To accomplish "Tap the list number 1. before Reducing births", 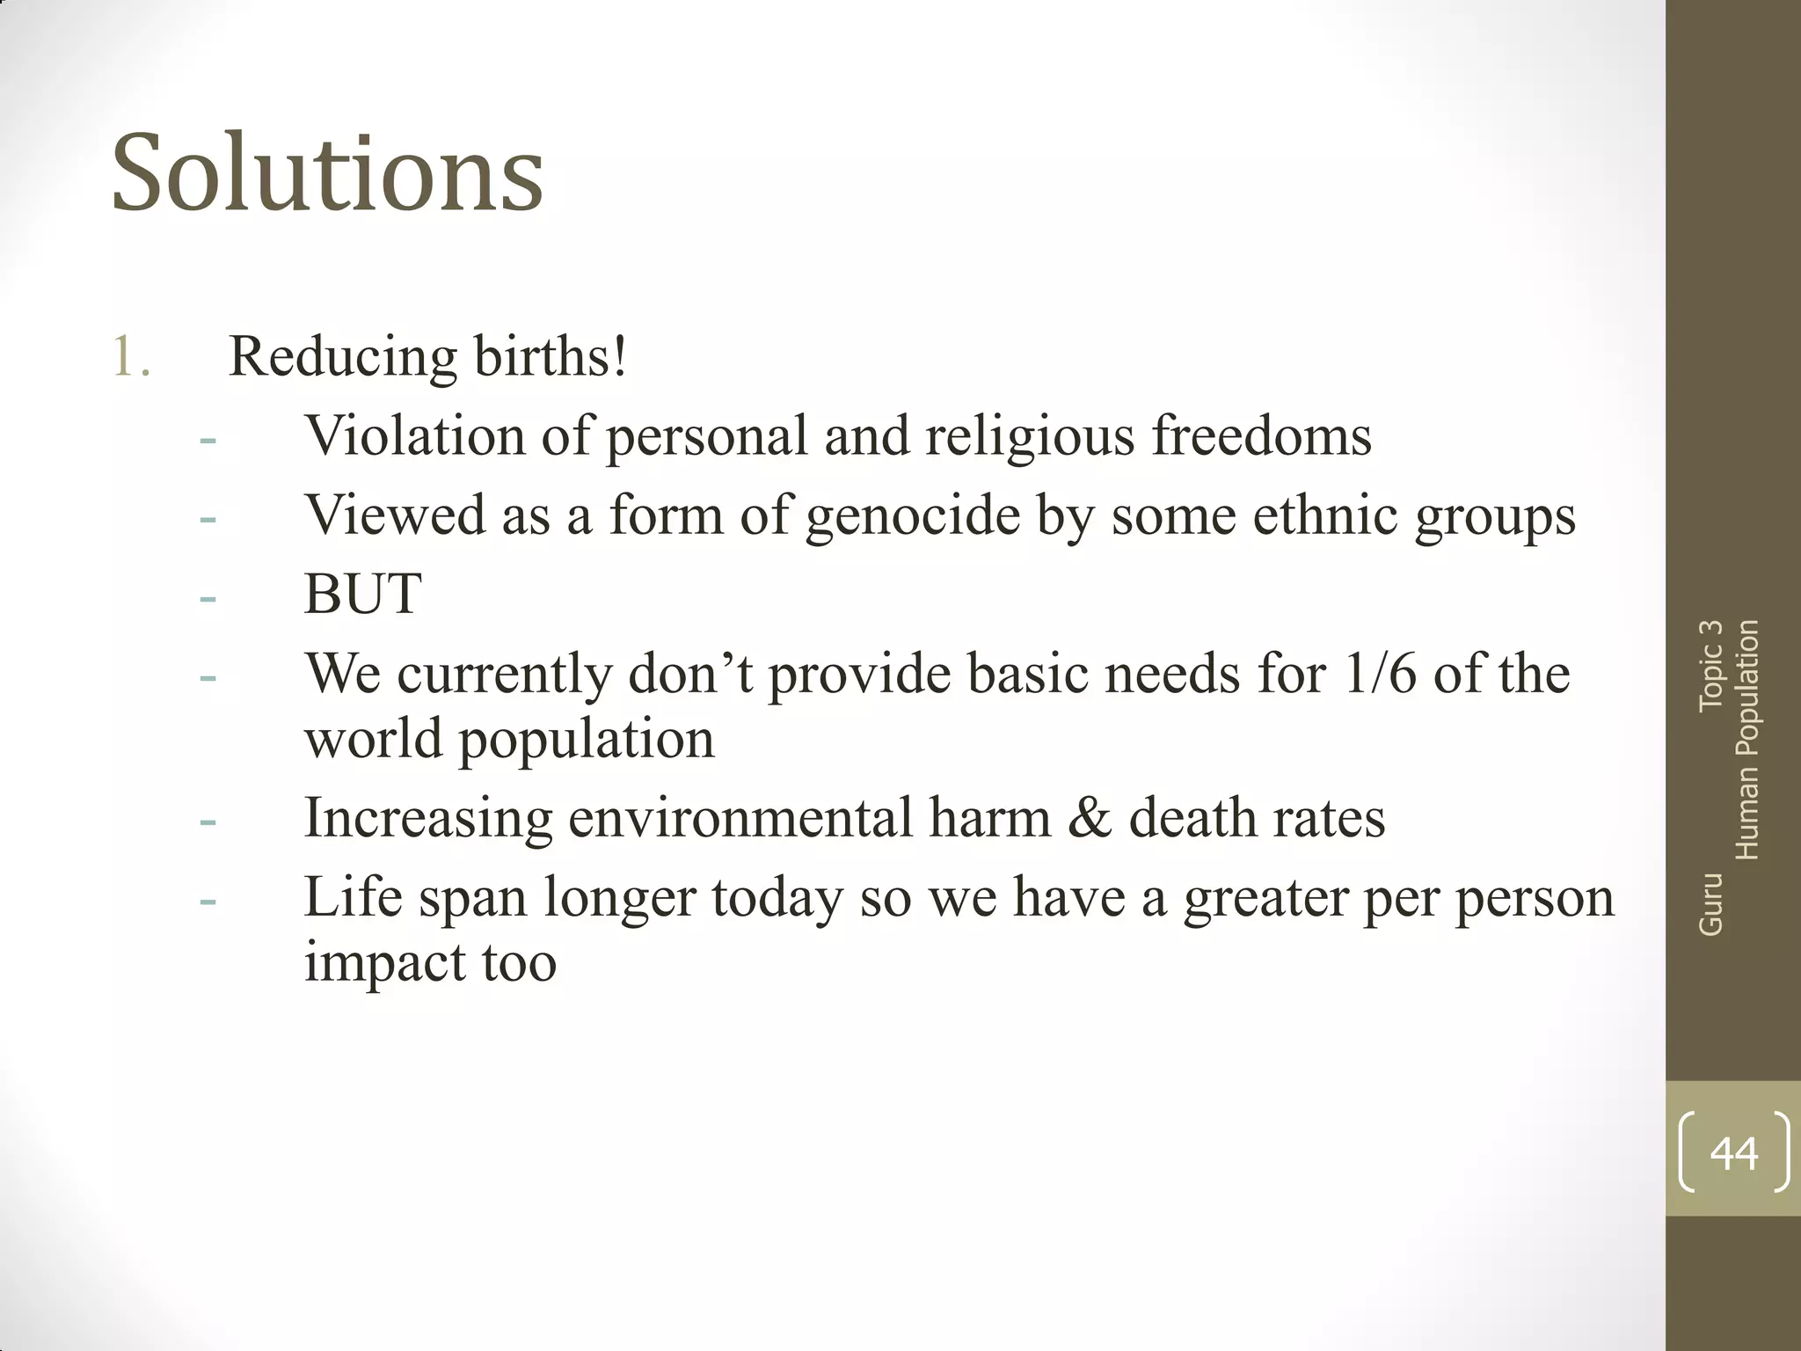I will [132, 357].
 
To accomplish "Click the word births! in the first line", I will [551, 357].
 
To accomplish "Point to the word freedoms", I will [1261, 435].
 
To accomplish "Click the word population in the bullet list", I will [587, 740].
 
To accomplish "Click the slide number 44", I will [1733, 1152].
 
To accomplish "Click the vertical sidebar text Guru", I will [1710, 903].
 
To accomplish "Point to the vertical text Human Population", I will [1746, 739].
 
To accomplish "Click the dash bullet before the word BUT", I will [208, 599].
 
